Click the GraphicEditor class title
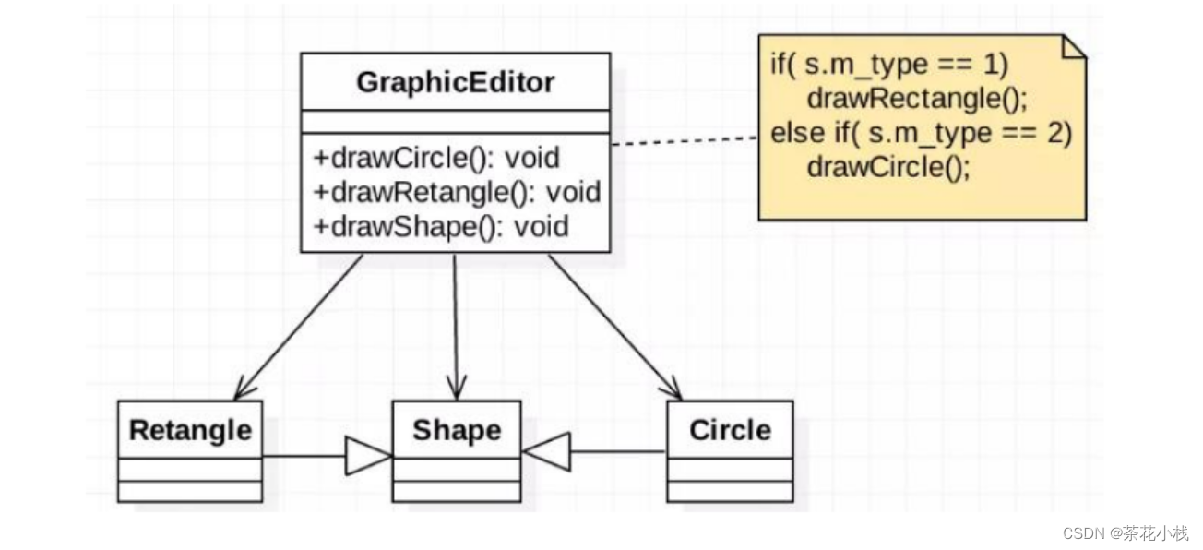[456, 83]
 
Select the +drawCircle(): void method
[436, 158]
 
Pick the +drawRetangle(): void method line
[457, 192]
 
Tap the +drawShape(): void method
[441, 227]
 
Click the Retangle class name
[190, 431]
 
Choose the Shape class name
[457, 430]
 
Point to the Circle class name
[731, 430]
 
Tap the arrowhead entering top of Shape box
[457, 388]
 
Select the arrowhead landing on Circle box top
[673, 389]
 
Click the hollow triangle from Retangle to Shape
[368, 456]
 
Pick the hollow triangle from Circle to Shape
[547, 451]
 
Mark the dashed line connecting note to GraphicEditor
[685, 140]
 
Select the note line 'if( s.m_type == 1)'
[889, 65]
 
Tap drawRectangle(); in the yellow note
[917, 99]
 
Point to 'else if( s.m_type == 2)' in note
[922, 133]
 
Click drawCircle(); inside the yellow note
[888, 168]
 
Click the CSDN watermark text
[1126, 533]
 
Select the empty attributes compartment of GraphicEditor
[456, 122]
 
